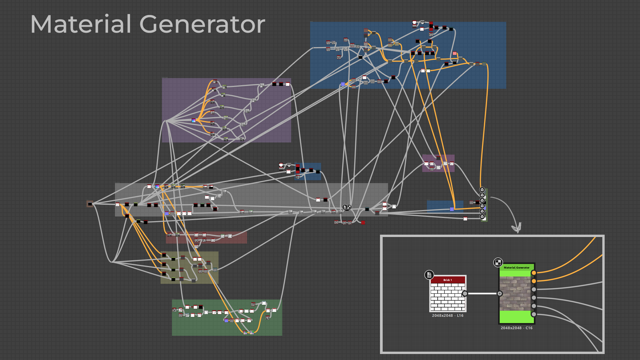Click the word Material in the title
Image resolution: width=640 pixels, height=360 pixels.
(x=81, y=24)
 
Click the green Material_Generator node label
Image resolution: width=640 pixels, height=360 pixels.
(x=516, y=267)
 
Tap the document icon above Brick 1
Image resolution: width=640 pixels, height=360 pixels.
(x=429, y=275)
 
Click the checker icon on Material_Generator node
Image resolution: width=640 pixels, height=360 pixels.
(x=498, y=262)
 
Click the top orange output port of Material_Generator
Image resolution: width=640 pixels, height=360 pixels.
(x=534, y=273)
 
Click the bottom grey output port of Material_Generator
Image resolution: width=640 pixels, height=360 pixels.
(x=534, y=314)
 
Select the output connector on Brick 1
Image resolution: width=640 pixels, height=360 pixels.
(x=465, y=293)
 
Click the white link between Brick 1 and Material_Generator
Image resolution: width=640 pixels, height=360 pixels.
(x=482, y=293)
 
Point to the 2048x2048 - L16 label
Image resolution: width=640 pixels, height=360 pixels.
(x=447, y=315)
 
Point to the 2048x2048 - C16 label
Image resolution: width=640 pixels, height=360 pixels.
(x=516, y=328)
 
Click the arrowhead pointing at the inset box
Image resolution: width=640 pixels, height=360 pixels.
(x=517, y=229)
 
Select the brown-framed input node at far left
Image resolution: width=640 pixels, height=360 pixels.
(x=90, y=204)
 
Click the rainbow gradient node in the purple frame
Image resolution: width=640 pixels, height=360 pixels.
(x=194, y=120)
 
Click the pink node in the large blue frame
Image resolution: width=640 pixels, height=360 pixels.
(x=455, y=53)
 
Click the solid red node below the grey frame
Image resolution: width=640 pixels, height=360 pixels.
(x=363, y=222)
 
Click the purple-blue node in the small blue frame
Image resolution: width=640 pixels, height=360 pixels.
(x=452, y=209)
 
